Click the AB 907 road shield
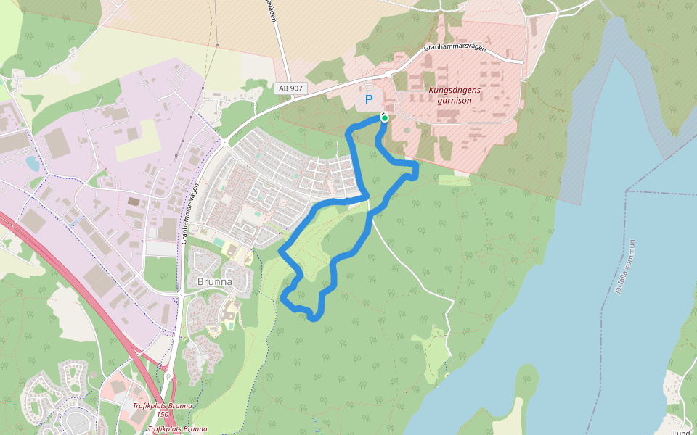pyautogui.click(x=292, y=88)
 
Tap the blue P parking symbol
pyautogui.click(x=369, y=100)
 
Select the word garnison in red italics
pyautogui.click(x=455, y=101)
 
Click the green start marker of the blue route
pyautogui.click(x=384, y=117)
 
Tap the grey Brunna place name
pyautogui.click(x=215, y=281)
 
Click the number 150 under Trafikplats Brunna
pyautogui.click(x=163, y=414)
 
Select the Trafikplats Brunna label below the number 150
pyautogui.click(x=176, y=428)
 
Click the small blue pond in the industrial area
pyautogui.click(x=33, y=163)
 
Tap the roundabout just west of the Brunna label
pyautogui.click(x=179, y=294)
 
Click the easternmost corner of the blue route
pyautogui.click(x=416, y=170)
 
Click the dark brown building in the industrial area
pyautogui.click(x=134, y=202)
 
